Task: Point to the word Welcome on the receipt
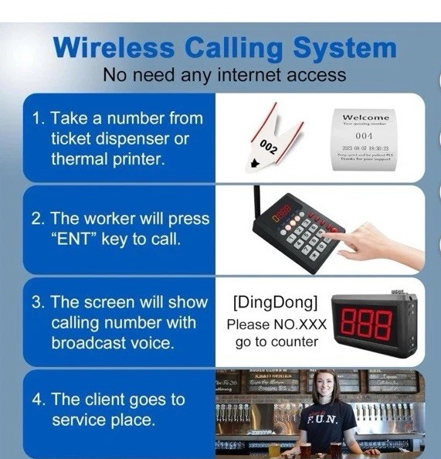tap(365, 117)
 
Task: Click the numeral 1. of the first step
tap(39, 119)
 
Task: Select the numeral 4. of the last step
tap(39, 400)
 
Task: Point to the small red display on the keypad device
tap(282, 210)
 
